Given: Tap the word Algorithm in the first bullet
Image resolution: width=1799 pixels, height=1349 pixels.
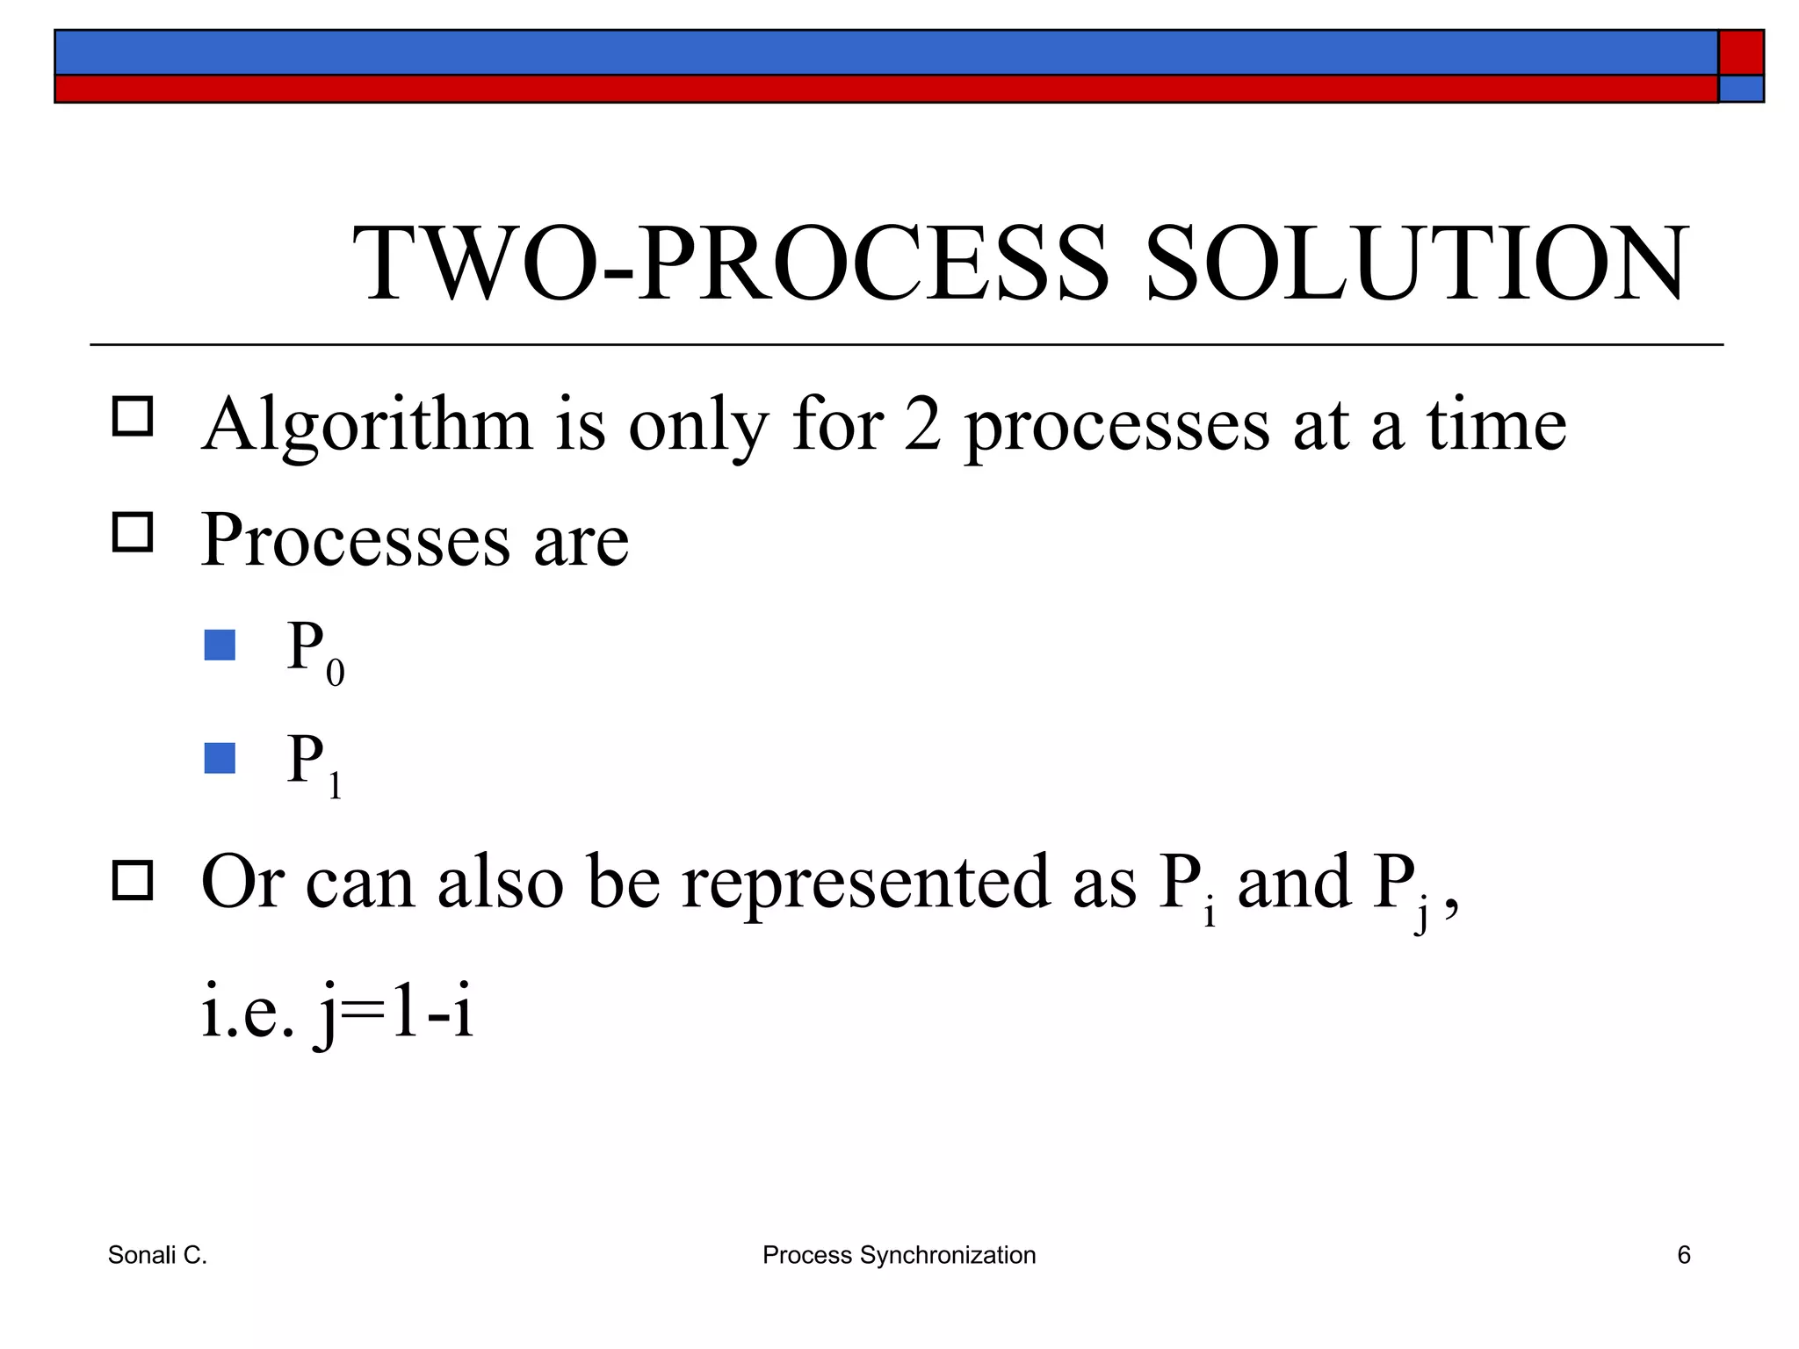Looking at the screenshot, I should point(367,427).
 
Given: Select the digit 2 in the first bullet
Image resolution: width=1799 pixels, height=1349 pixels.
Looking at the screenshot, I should point(922,425).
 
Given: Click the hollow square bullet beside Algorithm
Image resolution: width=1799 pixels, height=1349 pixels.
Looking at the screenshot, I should point(133,416).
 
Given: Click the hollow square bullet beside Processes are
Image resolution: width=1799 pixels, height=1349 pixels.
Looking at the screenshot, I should point(133,531).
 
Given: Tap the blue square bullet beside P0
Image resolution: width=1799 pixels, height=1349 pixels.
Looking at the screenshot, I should point(220,646).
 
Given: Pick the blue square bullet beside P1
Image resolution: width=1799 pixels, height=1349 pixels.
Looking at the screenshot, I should point(220,758).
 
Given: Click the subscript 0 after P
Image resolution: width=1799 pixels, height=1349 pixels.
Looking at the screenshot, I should point(335,674).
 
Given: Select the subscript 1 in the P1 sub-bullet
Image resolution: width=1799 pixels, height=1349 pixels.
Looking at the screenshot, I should point(335,786).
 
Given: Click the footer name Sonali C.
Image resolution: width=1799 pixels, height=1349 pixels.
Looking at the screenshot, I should point(157,1255).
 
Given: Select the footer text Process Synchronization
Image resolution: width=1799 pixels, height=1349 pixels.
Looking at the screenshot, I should point(899,1255).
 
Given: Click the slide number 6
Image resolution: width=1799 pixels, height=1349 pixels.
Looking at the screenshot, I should point(1683,1255).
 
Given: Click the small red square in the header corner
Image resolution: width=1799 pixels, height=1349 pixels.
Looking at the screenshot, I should point(1741,53).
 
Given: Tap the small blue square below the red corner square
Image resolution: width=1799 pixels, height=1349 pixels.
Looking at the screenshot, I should point(1741,89).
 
